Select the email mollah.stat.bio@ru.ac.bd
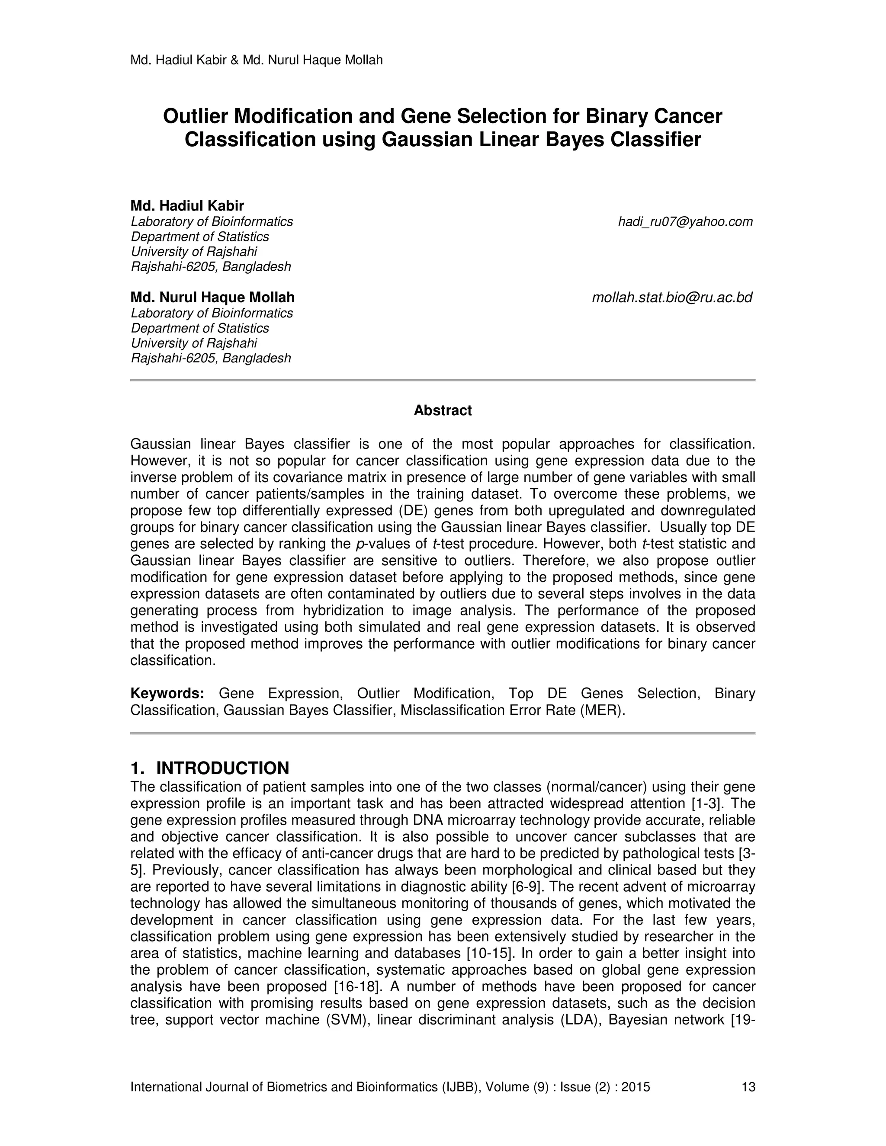pos(672,298)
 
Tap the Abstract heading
pos(443,410)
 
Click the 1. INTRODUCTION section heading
pos(209,768)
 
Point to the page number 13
pos(748,1087)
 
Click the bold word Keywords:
pos(167,694)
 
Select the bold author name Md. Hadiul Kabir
pos(187,206)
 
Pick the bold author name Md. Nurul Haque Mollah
pos(212,298)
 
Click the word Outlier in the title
pos(195,116)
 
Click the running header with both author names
pos(256,61)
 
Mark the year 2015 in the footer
pos(636,1087)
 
